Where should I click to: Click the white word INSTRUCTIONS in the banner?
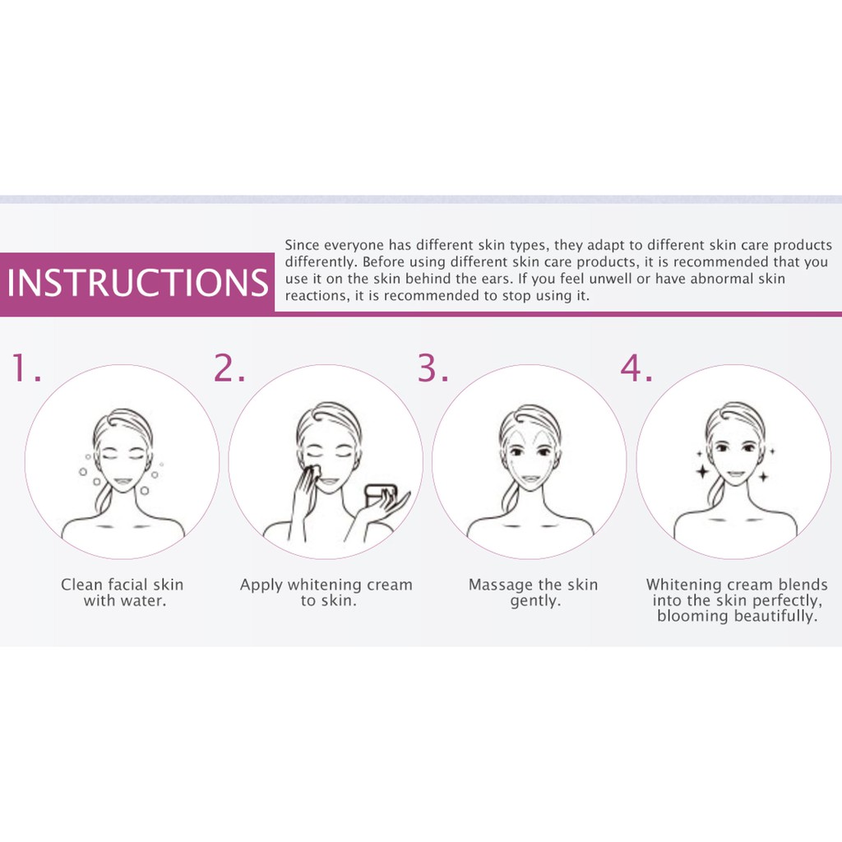(x=137, y=283)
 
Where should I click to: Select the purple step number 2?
(x=229, y=368)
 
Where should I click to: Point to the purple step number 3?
(x=433, y=368)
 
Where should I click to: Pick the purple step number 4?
(x=636, y=368)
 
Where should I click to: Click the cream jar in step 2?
(x=380, y=495)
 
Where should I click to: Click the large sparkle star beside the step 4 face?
(x=702, y=472)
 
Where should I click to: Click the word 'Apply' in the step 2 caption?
(x=261, y=585)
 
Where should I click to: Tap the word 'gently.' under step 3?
(x=535, y=601)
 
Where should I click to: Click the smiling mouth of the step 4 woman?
(x=736, y=474)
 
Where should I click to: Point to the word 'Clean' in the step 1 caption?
(x=81, y=585)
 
